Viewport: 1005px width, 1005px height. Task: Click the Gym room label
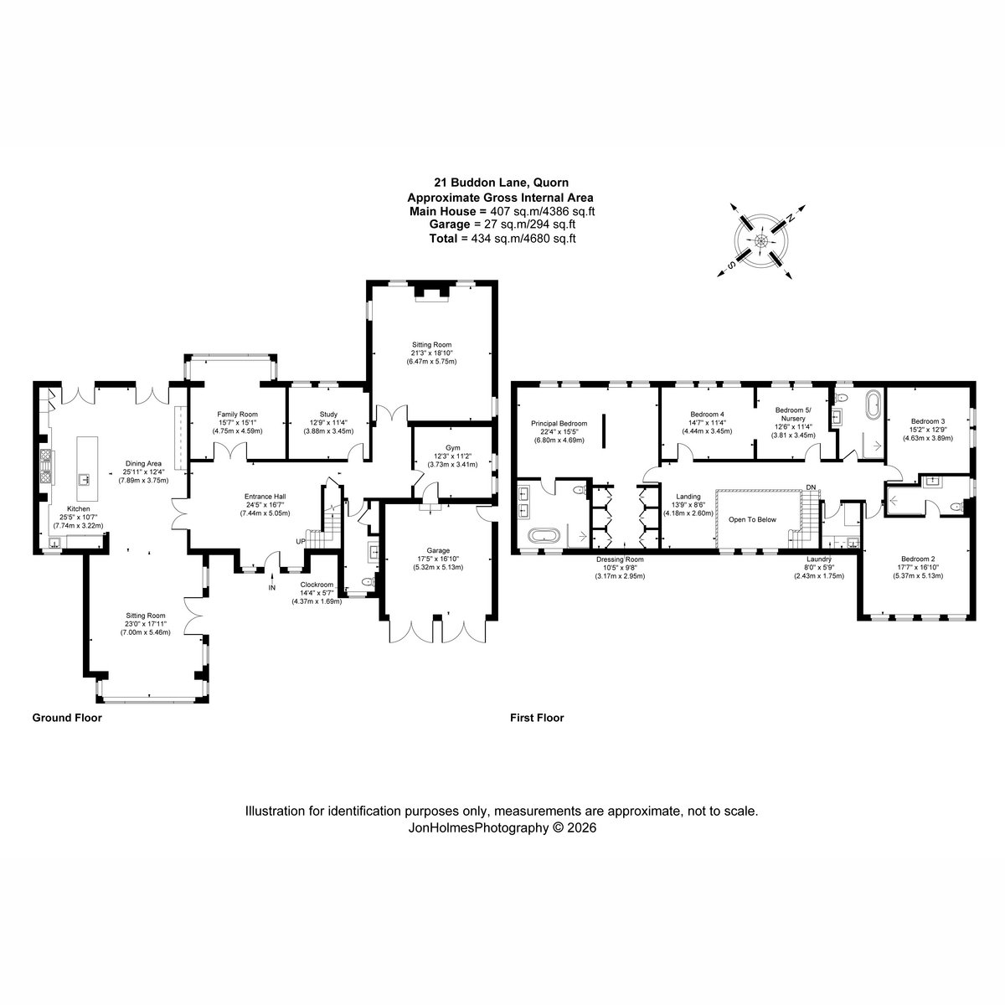coord(452,448)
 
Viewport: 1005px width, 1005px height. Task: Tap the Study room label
coord(328,415)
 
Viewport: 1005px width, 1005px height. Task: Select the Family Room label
coord(237,415)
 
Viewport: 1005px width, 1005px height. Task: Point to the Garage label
coord(438,551)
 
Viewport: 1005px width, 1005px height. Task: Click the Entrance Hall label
coord(265,497)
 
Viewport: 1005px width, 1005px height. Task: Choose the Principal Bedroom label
coord(559,424)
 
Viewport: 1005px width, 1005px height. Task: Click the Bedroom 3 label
coord(928,421)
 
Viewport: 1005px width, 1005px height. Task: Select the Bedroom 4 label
coord(707,415)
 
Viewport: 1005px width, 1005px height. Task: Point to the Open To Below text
coord(752,519)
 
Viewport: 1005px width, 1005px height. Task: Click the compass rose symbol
coord(761,241)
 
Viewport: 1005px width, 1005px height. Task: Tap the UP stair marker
coord(301,542)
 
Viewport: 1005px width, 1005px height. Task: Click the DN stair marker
coord(811,487)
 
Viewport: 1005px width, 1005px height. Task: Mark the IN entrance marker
coord(271,588)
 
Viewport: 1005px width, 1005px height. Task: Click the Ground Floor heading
coord(67,718)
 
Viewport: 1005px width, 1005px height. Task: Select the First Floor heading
coord(537,718)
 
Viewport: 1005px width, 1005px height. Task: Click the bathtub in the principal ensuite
coord(544,536)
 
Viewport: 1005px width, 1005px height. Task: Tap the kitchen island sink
coord(84,479)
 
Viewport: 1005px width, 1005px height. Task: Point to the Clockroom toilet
coord(368,582)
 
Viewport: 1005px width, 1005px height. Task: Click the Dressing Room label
coord(620,559)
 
